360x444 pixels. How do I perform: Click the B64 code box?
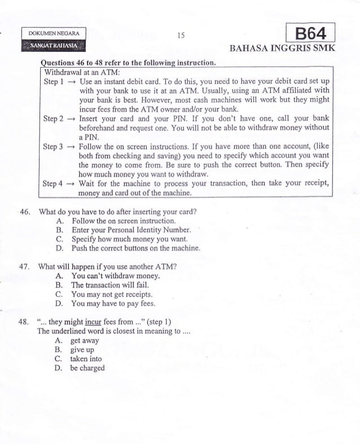coord(311,32)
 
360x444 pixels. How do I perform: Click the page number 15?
coord(180,35)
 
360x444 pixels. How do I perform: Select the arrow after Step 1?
coord(73,82)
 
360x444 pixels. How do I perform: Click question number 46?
coord(24,212)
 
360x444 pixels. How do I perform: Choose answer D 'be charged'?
coord(87,368)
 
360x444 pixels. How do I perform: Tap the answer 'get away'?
coord(85,341)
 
